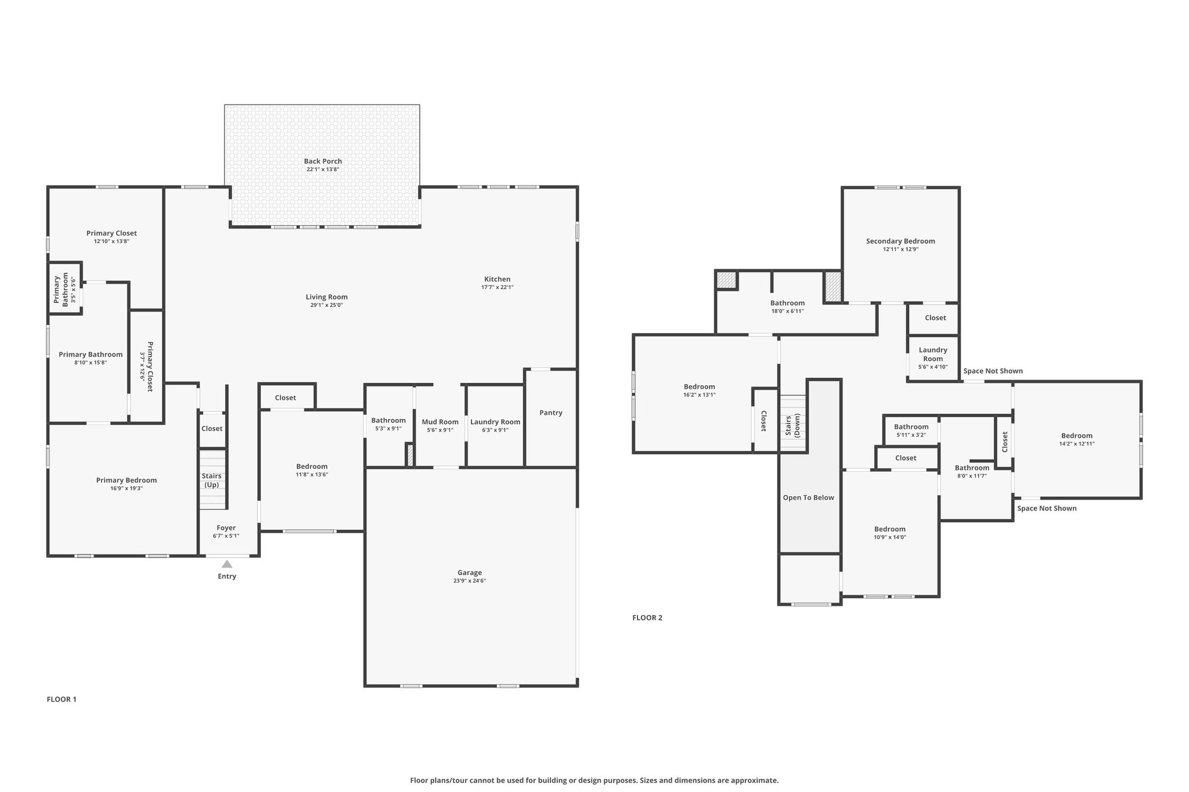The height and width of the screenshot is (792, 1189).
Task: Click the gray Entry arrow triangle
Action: [227, 564]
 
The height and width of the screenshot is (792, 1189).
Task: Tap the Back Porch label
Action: [323, 161]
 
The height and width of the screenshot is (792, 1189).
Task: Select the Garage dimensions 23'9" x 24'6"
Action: [470, 581]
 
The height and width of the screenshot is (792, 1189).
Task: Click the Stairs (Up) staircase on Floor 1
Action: [212, 480]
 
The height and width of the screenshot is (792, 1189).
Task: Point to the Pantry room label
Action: [550, 413]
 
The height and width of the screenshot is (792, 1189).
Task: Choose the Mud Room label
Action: [440, 422]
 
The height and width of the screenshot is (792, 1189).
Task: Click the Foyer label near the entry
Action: [226, 527]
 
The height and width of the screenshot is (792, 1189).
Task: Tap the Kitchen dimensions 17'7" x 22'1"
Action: [498, 287]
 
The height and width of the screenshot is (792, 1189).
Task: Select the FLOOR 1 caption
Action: [62, 699]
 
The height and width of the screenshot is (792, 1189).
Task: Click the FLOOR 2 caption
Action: [647, 617]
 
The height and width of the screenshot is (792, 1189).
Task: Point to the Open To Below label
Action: [808, 497]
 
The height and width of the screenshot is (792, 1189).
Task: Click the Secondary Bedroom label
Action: [900, 241]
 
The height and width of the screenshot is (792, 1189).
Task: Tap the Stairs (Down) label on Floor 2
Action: [793, 425]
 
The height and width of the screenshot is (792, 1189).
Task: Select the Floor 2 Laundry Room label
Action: [933, 354]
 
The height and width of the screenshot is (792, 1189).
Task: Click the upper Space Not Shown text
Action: [993, 371]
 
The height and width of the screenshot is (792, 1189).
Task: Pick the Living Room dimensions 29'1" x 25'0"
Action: [327, 305]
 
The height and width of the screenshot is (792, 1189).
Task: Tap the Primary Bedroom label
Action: [127, 480]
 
